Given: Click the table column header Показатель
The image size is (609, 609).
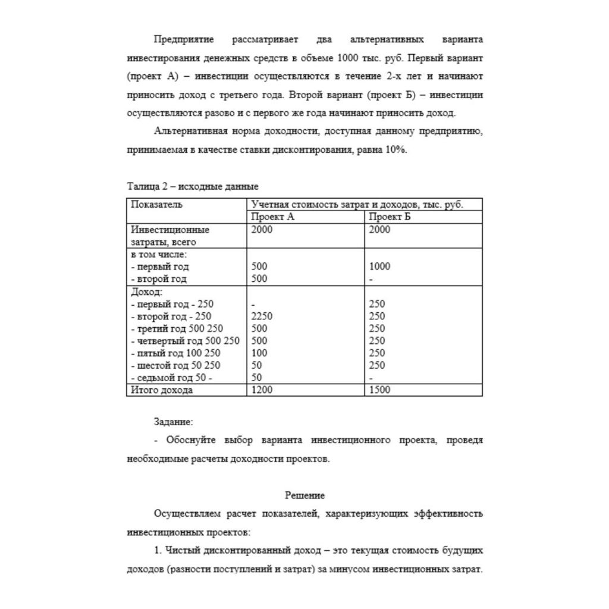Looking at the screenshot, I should tap(156, 205).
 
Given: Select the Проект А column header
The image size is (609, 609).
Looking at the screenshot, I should tap(273, 217).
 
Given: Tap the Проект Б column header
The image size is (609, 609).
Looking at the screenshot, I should tap(390, 217).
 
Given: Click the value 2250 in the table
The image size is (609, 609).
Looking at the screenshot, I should tap(262, 316).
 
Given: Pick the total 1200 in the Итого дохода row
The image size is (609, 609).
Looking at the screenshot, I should tap(262, 390).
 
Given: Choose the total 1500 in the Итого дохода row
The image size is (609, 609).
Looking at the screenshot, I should tap(380, 390).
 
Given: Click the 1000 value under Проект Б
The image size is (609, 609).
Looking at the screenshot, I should tap(380, 266).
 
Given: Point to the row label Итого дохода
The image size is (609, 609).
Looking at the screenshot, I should tap(162, 390).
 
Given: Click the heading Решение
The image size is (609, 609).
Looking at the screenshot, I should tap(304, 495).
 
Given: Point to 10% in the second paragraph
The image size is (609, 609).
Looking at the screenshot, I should tap(396, 150).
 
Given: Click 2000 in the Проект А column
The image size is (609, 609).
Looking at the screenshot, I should tap(262, 230).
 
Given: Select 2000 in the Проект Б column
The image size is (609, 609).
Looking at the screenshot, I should tap(380, 230).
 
